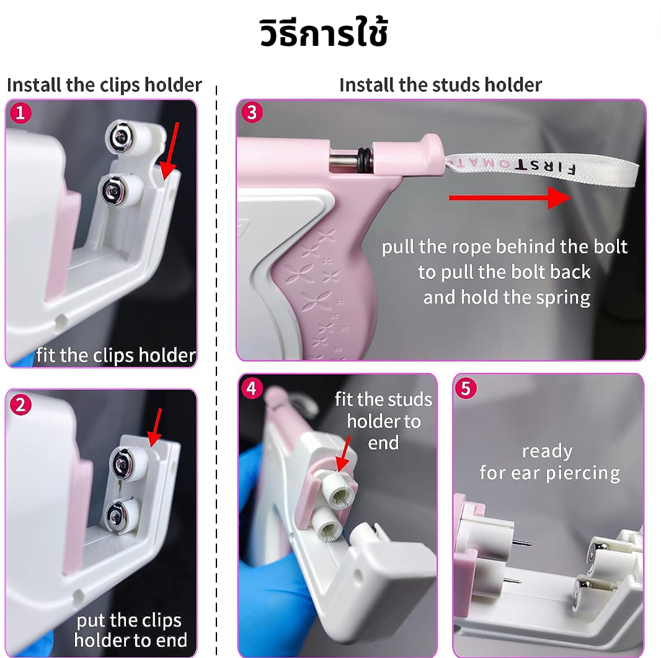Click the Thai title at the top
click(323, 33)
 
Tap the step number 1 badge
click(21, 113)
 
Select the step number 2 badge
click(21, 405)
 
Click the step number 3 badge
click(251, 113)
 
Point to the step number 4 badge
click(251, 388)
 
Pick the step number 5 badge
click(466, 388)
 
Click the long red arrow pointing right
click(508, 198)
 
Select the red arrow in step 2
click(154, 428)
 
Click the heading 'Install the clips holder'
click(104, 85)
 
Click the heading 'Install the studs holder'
click(440, 85)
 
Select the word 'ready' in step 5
click(547, 451)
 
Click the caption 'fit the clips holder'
click(115, 356)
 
